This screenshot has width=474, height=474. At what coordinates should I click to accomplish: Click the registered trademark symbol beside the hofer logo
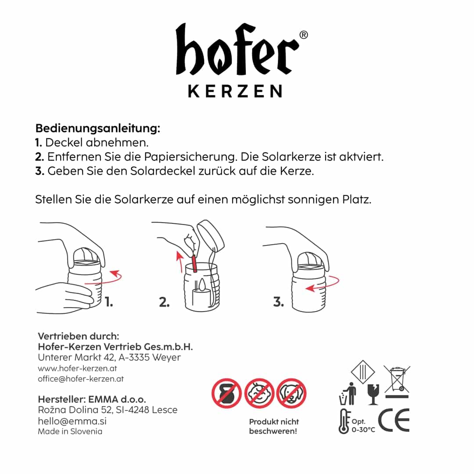coord(304,35)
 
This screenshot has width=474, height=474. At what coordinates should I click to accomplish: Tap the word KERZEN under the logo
coord(235,91)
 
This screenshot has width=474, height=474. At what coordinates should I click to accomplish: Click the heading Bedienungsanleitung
coord(97,128)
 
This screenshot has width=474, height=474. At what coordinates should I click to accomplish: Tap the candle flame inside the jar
coord(202,284)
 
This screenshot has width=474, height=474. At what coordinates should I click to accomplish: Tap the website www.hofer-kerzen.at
coord(77,369)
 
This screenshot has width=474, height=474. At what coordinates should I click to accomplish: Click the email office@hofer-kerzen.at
coord(81,379)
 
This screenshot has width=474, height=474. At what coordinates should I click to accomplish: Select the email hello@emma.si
coord(72,421)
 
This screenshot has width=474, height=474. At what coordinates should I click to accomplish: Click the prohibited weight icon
coord(226,393)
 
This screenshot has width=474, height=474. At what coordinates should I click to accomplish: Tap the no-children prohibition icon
coord(259,393)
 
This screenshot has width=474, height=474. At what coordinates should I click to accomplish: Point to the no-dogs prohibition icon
coord(291,393)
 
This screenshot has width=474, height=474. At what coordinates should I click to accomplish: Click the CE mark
coord(394,420)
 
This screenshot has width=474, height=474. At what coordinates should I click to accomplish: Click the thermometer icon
coord(344,421)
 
